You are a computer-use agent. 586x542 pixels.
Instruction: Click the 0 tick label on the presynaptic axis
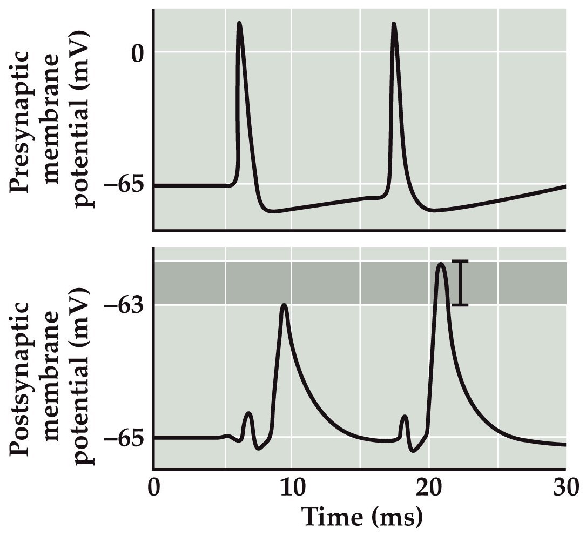[139, 54]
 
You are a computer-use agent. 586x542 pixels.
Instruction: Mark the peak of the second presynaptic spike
[394, 24]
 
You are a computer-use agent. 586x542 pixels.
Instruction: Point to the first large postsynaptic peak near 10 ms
[284, 306]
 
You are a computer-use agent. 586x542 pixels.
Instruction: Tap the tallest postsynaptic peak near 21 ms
[441, 264]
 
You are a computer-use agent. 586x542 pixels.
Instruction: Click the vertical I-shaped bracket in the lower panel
[460, 283]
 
